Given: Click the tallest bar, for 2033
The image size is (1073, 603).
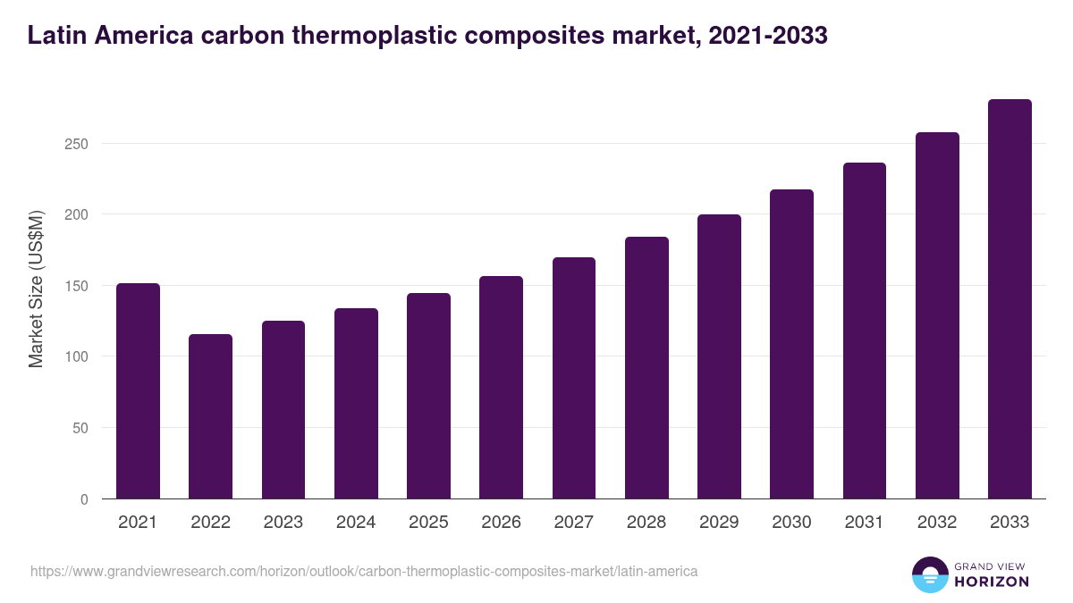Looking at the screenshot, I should pos(1010,299).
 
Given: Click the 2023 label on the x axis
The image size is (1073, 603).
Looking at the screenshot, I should pos(283,523).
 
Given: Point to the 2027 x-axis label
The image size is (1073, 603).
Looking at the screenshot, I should pos(573,523).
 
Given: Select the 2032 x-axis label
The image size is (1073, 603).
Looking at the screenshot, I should pos(937,523).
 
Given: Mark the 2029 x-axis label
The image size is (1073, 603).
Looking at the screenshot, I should pos(719,523).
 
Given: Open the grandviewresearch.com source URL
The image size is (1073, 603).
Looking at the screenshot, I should pos(364,571).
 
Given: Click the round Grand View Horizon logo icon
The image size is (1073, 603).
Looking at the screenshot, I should pos(929,574).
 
